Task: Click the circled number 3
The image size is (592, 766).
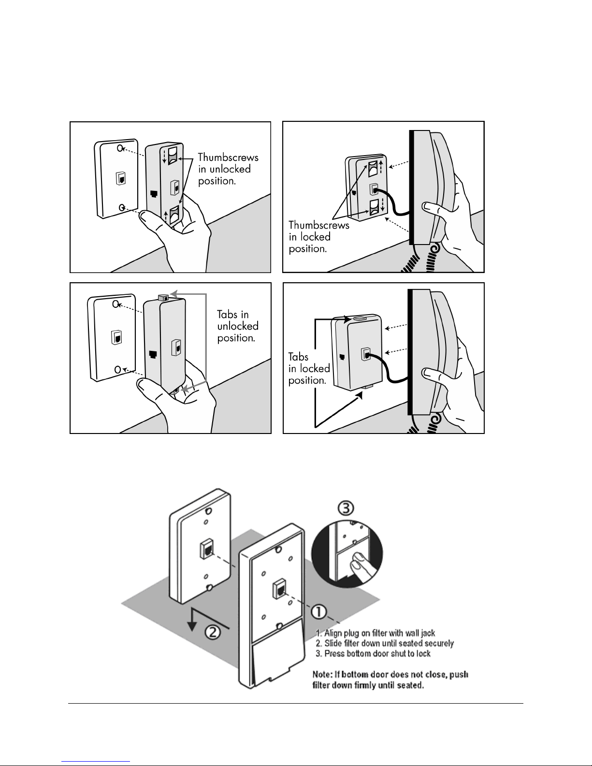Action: (x=346, y=508)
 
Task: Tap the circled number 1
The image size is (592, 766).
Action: (x=319, y=611)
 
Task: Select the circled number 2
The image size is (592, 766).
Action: (x=213, y=632)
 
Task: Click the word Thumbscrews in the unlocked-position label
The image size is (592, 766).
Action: (x=228, y=157)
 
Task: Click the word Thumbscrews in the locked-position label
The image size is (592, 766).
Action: (x=319, y=225)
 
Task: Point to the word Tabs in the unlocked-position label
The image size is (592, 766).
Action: (x=227, y=314)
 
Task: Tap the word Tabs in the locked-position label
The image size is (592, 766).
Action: (x=298, y=357)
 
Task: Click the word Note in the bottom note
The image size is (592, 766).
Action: (x=322, y=674)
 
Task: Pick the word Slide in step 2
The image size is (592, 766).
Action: (x=333, y=643)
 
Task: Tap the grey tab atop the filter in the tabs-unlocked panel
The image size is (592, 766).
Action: (x=163, y=298)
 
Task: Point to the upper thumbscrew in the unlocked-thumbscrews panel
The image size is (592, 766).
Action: (x=173, y=156)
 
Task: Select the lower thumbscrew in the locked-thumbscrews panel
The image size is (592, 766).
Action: (x=374, y=207)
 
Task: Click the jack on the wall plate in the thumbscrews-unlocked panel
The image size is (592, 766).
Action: (x=120, y=178)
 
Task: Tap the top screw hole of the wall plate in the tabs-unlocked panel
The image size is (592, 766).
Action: (x=116, y=304)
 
